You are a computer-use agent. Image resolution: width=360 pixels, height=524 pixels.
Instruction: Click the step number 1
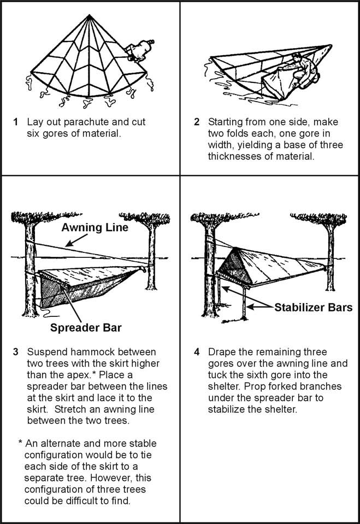[16, 122]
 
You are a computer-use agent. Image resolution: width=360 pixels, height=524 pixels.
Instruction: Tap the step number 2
[197, 122]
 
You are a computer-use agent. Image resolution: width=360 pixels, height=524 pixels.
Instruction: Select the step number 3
[16, 351]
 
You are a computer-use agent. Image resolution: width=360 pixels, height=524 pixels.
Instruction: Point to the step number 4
[197, 351]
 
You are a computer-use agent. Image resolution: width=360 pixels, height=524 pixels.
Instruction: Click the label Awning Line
[95, 227]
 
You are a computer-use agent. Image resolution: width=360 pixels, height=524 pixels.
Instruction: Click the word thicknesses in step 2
[235, 156]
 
